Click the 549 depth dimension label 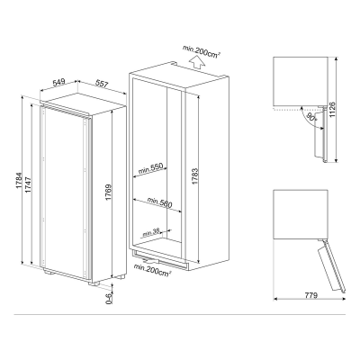tap(58, 82)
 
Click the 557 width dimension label tap(102, 84)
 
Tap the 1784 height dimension tap(19, 180)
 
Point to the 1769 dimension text tap(109, 193)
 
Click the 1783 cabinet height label tap(195, 176)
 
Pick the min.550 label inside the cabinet tap(150, 169)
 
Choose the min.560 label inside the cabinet tap(159, 202)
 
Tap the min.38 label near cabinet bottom tap(150, 233)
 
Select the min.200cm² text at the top tap(202, 51)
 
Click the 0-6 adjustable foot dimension tap(109, 299)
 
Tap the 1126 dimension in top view tap(332, 110)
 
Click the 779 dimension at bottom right tap(311, 295)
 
